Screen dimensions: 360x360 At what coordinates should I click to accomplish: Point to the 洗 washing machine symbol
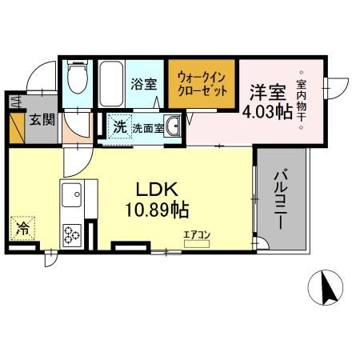click(x=119, y=126)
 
